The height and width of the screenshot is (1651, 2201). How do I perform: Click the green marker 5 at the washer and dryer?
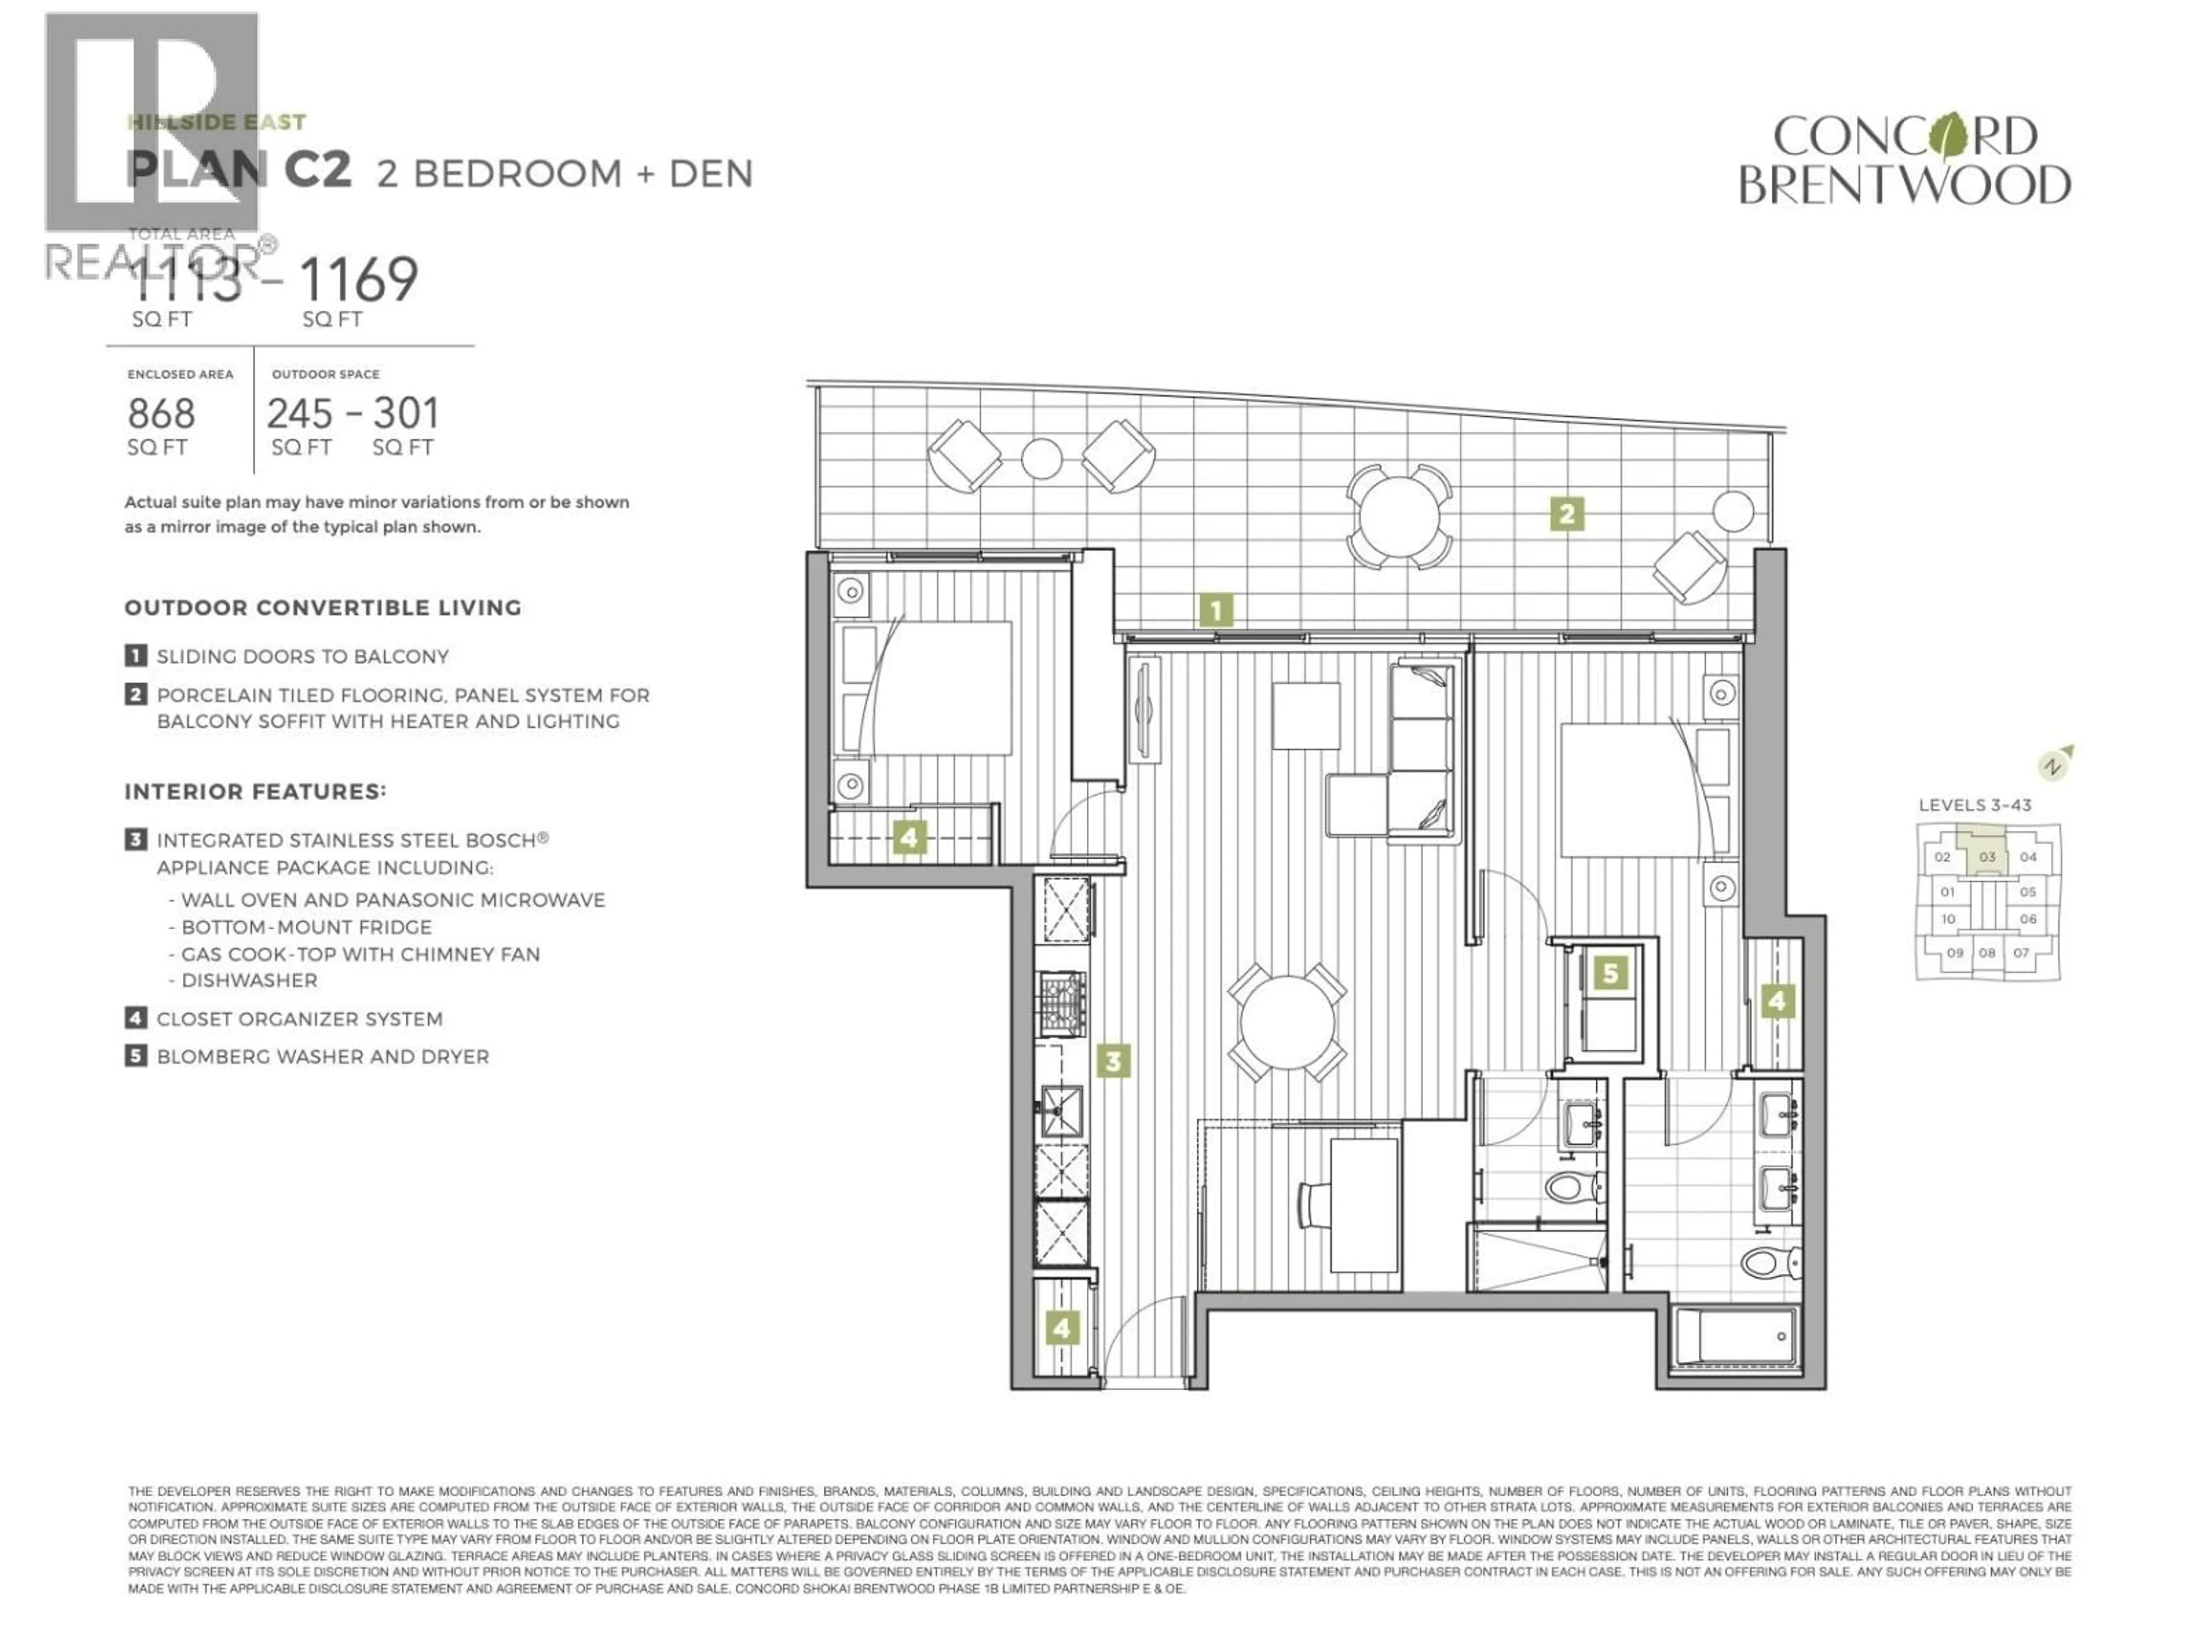click(1610, 972)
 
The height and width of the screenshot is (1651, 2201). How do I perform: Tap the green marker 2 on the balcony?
click(1566, 515)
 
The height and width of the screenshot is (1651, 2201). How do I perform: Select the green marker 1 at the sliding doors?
click(1216, 610)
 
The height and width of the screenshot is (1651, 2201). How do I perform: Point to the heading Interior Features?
click(254, 792)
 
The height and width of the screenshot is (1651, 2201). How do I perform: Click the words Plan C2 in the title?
click(239, 171)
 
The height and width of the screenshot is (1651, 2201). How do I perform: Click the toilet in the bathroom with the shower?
click(1577, 1186)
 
